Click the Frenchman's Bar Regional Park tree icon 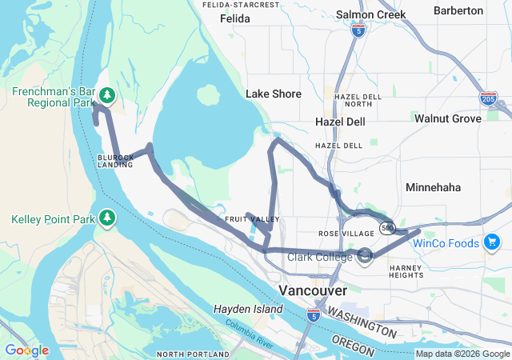click(107, 97)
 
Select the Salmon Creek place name click(370, 14)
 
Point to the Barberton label click(458, 10)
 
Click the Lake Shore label click(274, 94)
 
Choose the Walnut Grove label click(447, 118)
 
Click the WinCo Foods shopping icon click(493, 242)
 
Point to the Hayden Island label click(248, 309)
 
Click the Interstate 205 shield click(488, 98)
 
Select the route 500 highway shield click(387, 227)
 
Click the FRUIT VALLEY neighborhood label click(252, 219)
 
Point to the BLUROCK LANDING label click(116, 161)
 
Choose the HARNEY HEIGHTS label click(406, 271)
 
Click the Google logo click(26, 350)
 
